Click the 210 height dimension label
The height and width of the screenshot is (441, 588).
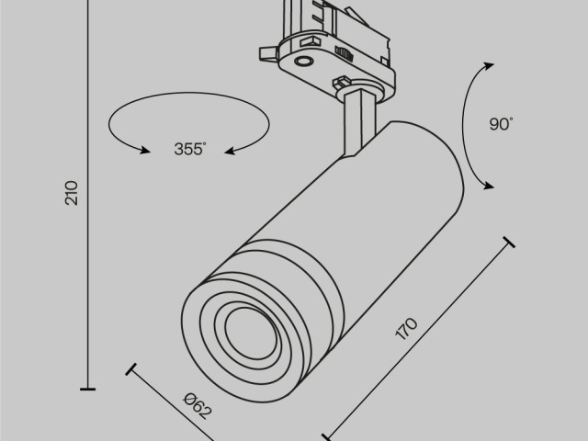pos(73,192)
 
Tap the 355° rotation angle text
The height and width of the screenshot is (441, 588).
pos(188,150)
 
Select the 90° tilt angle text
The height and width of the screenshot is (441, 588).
pos(501,125)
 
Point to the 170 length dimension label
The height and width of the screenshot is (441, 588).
pos(407,330)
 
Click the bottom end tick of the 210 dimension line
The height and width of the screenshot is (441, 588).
pos(87,390)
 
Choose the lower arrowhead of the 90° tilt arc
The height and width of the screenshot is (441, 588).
pos(488,187)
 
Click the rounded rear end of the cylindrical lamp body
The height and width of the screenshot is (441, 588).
pos(423,147)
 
